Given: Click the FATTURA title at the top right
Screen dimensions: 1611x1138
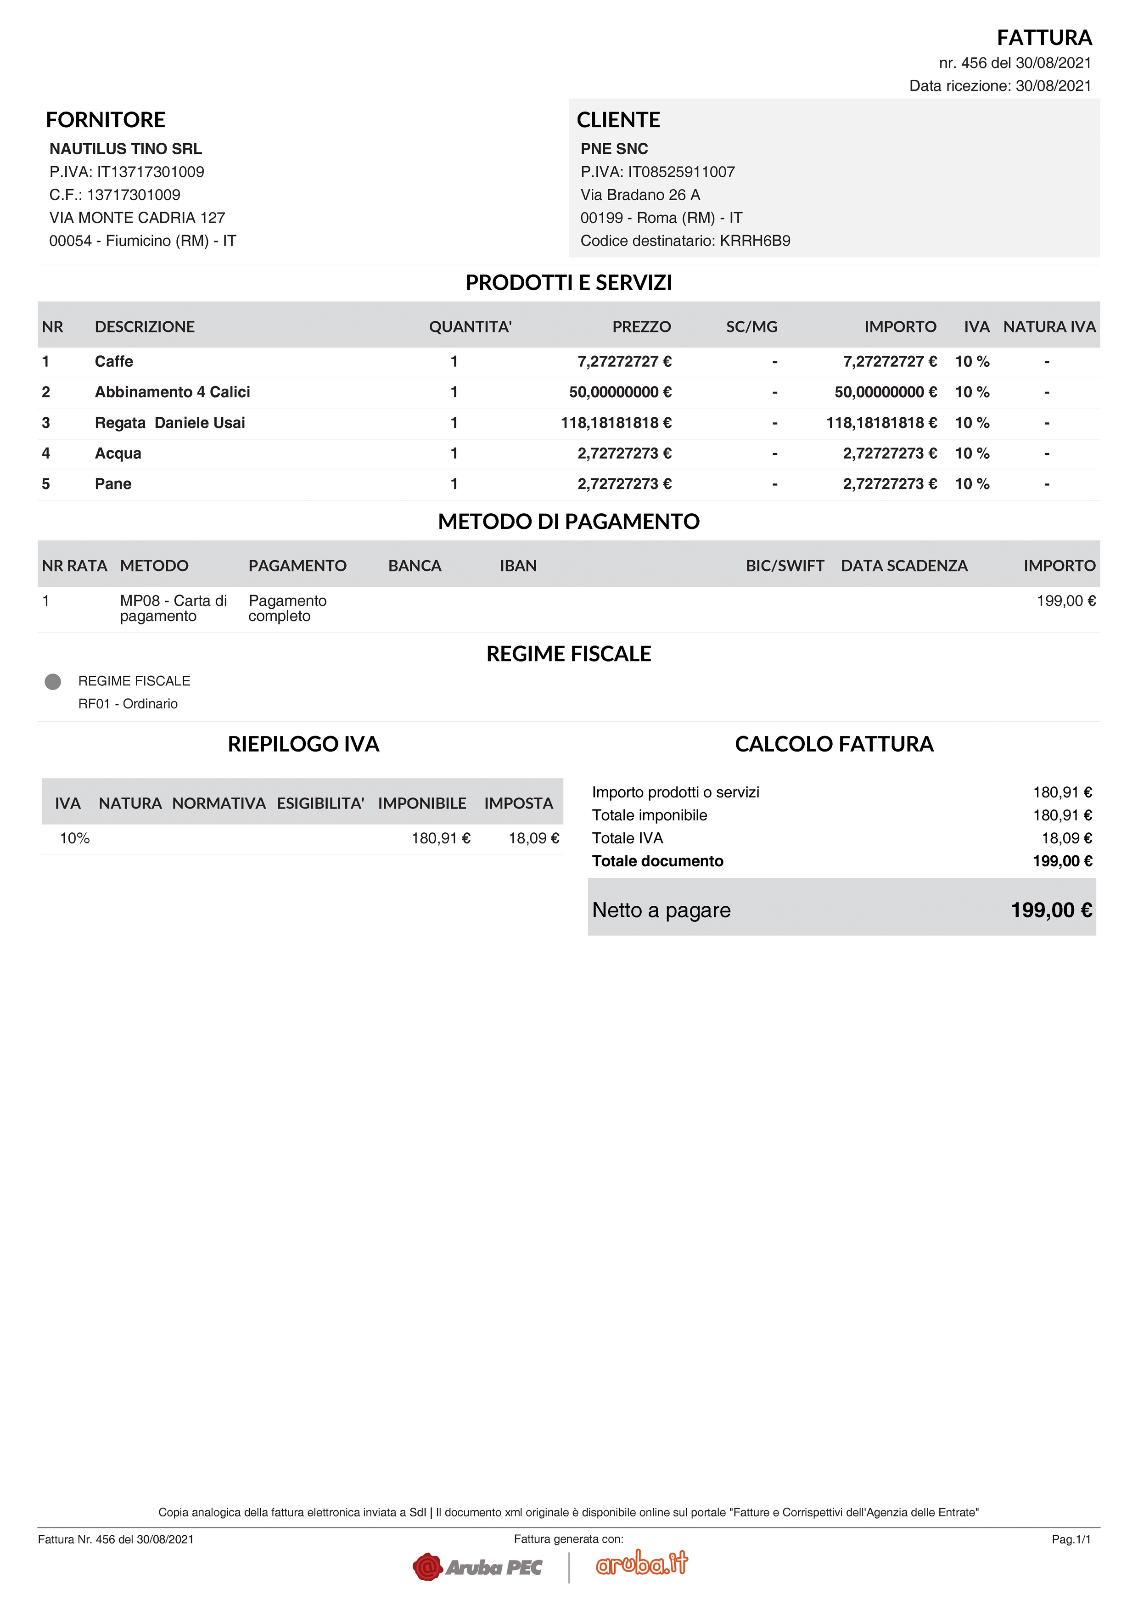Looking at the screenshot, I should (x=1044, y=37).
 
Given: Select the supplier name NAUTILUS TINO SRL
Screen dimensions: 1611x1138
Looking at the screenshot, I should (x=126, y=149).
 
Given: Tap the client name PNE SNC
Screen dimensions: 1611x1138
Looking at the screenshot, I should (x=614, y=149).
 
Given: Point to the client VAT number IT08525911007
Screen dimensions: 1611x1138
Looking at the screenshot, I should (x=681, y=172).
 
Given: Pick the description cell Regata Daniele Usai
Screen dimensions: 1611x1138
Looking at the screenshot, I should (x=170, y=422).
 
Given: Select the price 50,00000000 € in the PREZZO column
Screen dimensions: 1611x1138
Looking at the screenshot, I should (x=620, y=392).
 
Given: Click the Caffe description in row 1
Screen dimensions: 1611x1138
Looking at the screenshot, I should (x=114, y=361).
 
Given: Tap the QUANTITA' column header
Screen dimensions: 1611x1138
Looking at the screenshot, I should (x=470, y=327).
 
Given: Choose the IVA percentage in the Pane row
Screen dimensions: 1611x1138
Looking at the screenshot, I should (x=972, y=484).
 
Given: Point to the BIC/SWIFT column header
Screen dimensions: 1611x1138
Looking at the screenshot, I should (x=785, y=566).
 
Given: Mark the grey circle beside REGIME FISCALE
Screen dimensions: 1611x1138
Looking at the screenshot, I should (x=53, y=681).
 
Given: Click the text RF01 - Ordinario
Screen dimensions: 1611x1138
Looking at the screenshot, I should (x=128, y=704).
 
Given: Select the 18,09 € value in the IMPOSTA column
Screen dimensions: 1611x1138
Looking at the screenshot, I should (x=533, y=838).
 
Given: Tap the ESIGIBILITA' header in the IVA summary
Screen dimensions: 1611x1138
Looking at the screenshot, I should (x=320, y=803).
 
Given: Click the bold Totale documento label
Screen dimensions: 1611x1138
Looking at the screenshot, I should (x=657, y=861).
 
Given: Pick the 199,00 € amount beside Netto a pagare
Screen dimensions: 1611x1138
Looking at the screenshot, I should (x=1051, y=910).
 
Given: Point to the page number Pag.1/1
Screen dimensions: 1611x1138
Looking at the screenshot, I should (x=1071, y=1539).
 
